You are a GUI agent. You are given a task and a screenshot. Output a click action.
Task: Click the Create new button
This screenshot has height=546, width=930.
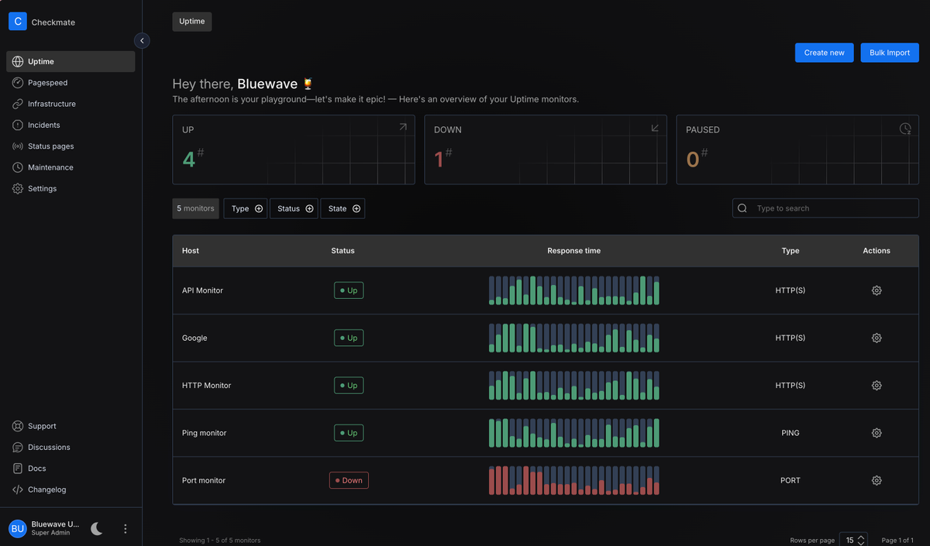[824, 53]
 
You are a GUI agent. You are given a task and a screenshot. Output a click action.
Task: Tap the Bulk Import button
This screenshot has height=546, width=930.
[890, 53]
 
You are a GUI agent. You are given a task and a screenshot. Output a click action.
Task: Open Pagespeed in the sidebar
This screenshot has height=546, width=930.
[47, 83]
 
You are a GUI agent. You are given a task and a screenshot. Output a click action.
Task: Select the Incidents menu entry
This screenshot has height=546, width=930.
[43, 125]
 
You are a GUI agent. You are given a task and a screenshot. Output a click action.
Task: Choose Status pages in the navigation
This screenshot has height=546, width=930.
[50, 146]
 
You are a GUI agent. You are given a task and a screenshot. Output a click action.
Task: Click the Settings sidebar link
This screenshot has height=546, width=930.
[42, 188]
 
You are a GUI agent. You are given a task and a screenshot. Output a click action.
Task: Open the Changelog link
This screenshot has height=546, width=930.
[46, 489]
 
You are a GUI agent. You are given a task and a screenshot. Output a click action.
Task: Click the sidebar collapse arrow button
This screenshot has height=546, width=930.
[142, 40]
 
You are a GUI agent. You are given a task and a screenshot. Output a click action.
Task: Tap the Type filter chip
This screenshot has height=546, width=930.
[246, 208]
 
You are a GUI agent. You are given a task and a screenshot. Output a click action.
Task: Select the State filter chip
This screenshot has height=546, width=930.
[343, 208]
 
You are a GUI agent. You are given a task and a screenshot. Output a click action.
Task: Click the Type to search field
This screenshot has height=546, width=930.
[825, 208]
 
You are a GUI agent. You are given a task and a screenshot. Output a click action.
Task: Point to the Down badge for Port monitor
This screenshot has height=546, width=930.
[349, 480]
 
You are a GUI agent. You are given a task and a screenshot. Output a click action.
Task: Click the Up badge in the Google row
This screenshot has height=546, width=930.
[349, 338]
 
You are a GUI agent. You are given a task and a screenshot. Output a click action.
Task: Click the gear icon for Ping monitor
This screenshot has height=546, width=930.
[877, 433]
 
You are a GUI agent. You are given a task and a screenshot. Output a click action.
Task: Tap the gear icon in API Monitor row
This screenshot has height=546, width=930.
[877, 290]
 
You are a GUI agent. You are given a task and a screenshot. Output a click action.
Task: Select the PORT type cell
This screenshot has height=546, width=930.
[790, 480]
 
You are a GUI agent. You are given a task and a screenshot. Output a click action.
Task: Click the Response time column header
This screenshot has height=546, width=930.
[573, 251]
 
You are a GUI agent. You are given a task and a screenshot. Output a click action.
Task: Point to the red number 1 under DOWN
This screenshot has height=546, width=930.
[439, 160]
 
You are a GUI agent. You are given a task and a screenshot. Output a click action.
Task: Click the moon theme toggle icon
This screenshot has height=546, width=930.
[97, 528]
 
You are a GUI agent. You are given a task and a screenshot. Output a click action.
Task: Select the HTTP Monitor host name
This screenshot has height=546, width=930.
[206, 386]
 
